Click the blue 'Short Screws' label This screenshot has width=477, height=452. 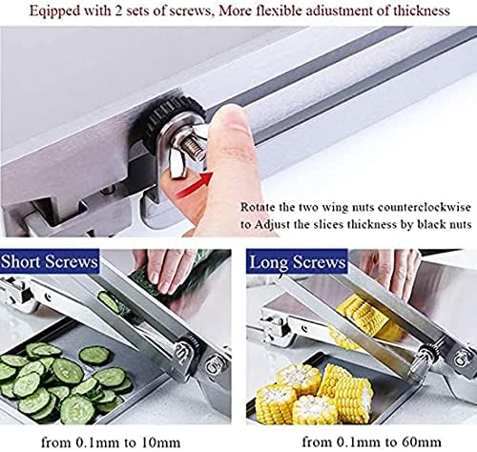pyautogui.click(x=50, y=262)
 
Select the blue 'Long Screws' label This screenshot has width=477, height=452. pyautogui.click(x=297, y=262)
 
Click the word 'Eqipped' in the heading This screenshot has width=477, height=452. pyautogui.click(x=54, y=11)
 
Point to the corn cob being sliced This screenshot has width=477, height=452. pyautogui.click(x=365, y=318)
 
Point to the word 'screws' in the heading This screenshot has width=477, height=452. pyautogui.click(x=189, y=11)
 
